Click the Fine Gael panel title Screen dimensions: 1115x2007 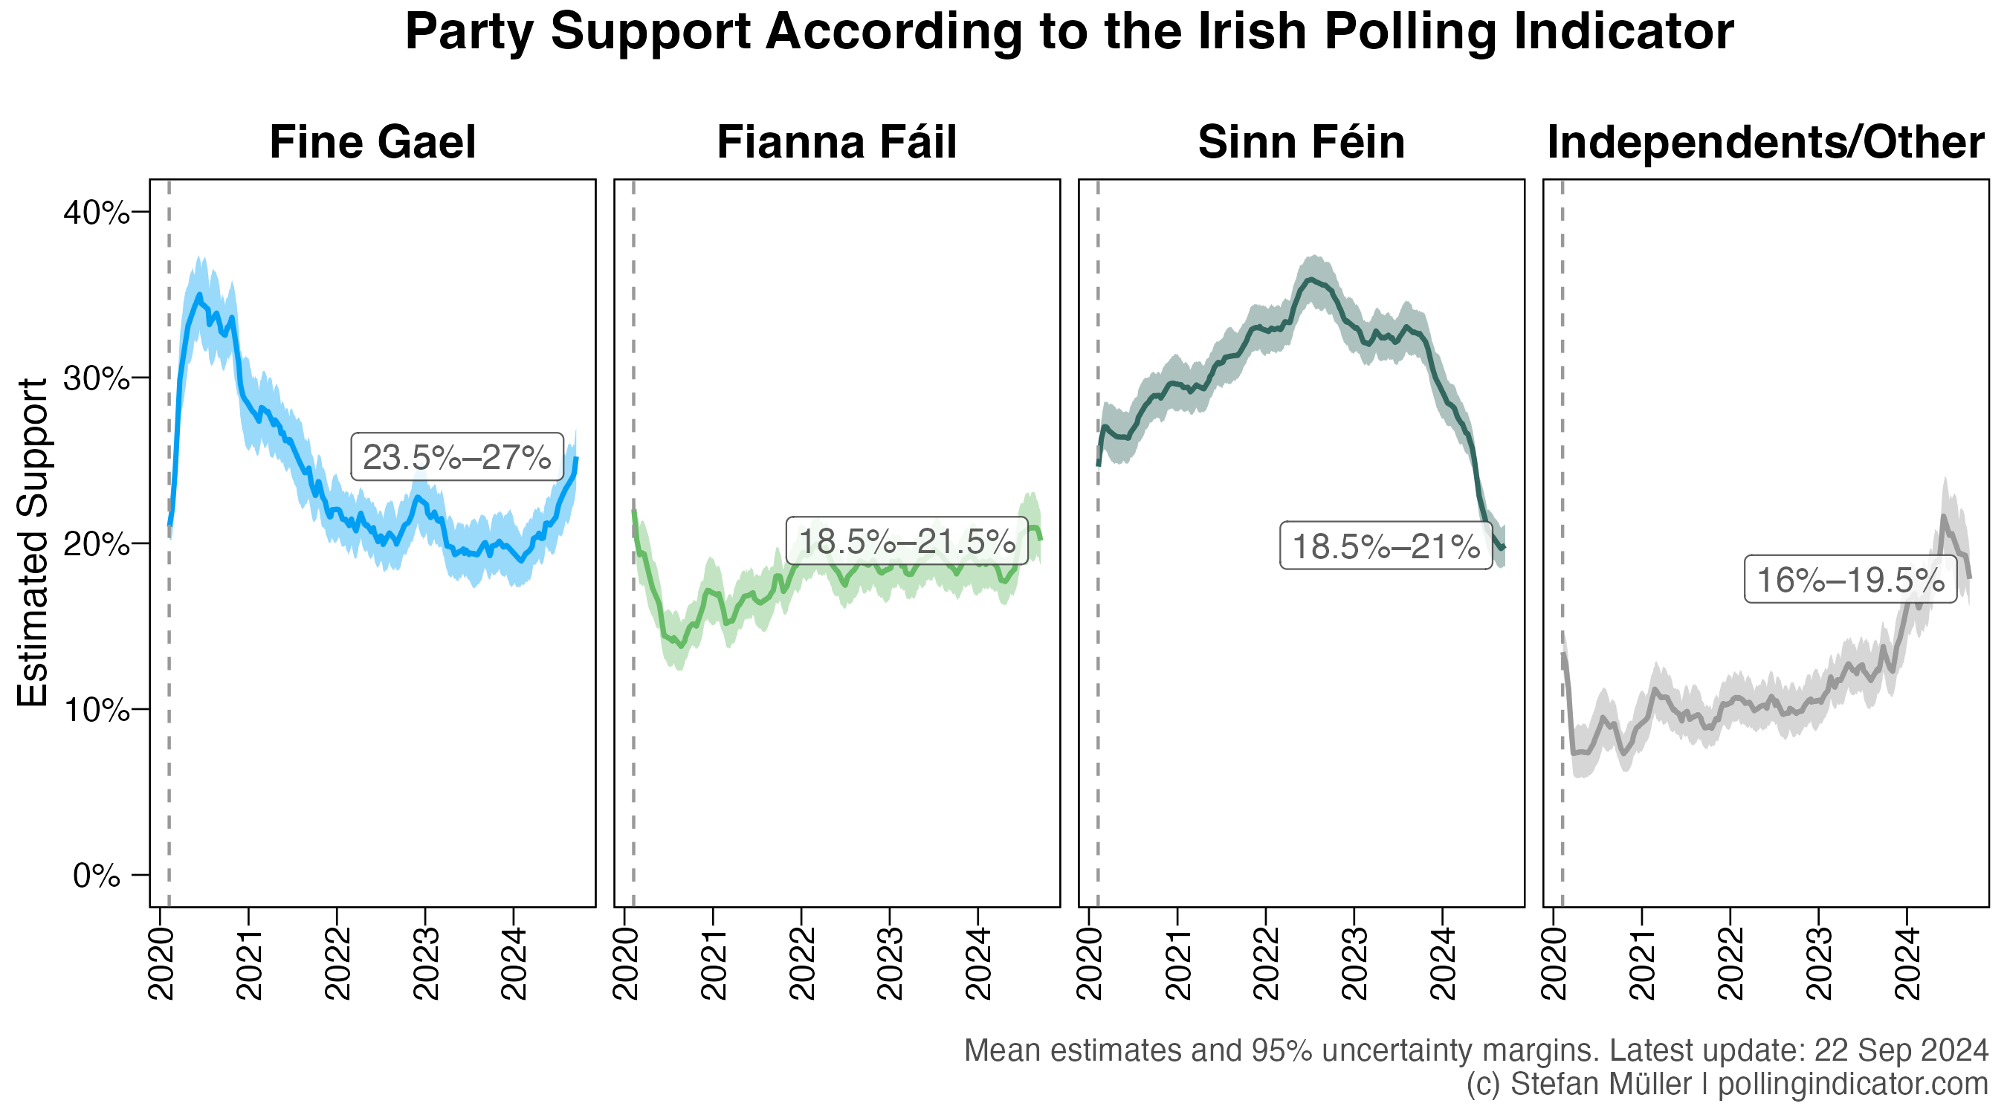coord(372,143)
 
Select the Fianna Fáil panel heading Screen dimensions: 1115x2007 coord(836,143)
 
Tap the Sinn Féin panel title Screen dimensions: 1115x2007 coord(1301,143)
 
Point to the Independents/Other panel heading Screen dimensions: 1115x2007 coord(1765,143)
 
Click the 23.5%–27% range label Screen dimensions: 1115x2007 coord(456,457)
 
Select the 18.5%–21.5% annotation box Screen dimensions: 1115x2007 coord(907,540)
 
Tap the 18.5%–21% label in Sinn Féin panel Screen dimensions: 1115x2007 coord(1386,546)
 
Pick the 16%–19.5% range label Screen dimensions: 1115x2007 coord(1849,580)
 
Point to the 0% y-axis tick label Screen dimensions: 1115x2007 coord(97,876)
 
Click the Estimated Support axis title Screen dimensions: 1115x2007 coord(33,543)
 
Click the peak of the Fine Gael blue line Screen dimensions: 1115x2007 coord(198,294)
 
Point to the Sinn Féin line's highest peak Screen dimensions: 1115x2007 coord(1312,279)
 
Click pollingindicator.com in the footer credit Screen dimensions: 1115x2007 coord(1852,1084)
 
